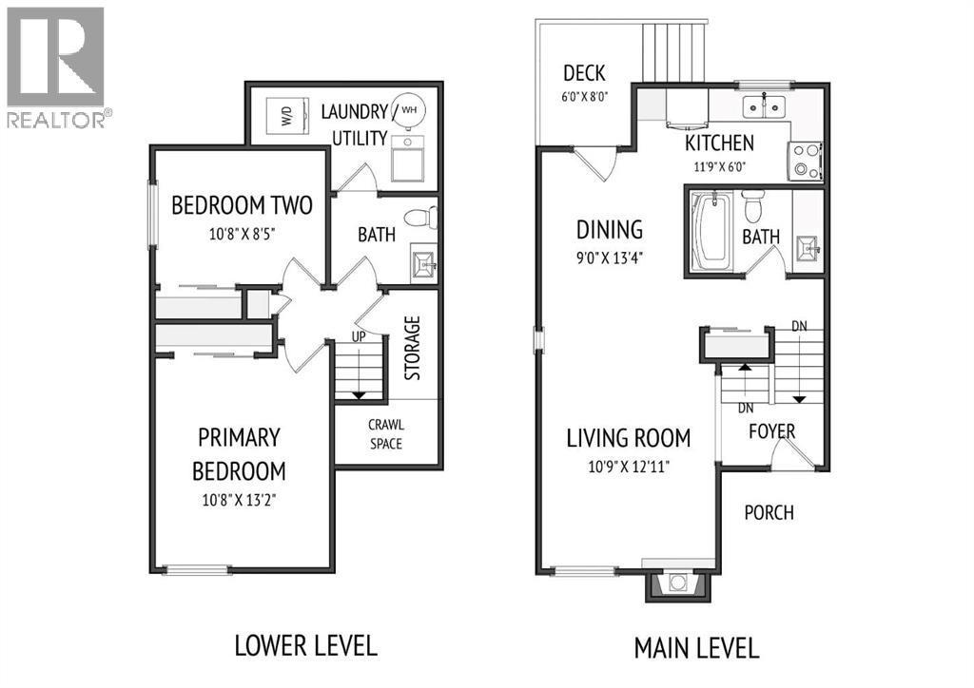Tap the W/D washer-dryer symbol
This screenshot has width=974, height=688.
point(287,115)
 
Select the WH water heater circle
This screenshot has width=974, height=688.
point(408,109)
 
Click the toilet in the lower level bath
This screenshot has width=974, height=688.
point(420,218)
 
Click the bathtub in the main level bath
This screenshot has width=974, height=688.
point(711,232)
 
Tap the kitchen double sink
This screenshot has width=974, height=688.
point(764,106)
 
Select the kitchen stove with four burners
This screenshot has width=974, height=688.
point(805,162)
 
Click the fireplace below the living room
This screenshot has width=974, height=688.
point(677,584)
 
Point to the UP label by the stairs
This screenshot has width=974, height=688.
point(359,336)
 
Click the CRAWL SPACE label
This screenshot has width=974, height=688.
point(386,434)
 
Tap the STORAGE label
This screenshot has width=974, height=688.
point(413,348)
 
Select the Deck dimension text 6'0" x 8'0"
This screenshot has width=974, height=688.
point(585,97)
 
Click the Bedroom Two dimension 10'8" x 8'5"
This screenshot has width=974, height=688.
point(243,234)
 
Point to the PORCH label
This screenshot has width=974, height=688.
point(769,512)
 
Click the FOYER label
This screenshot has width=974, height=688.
point(771,431)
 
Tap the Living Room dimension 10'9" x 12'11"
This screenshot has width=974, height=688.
point(629,466)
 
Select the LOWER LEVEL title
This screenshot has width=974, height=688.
point(305,646)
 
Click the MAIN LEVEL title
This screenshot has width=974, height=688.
point(696,648)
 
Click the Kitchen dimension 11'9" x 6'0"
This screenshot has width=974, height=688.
point(719,167)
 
